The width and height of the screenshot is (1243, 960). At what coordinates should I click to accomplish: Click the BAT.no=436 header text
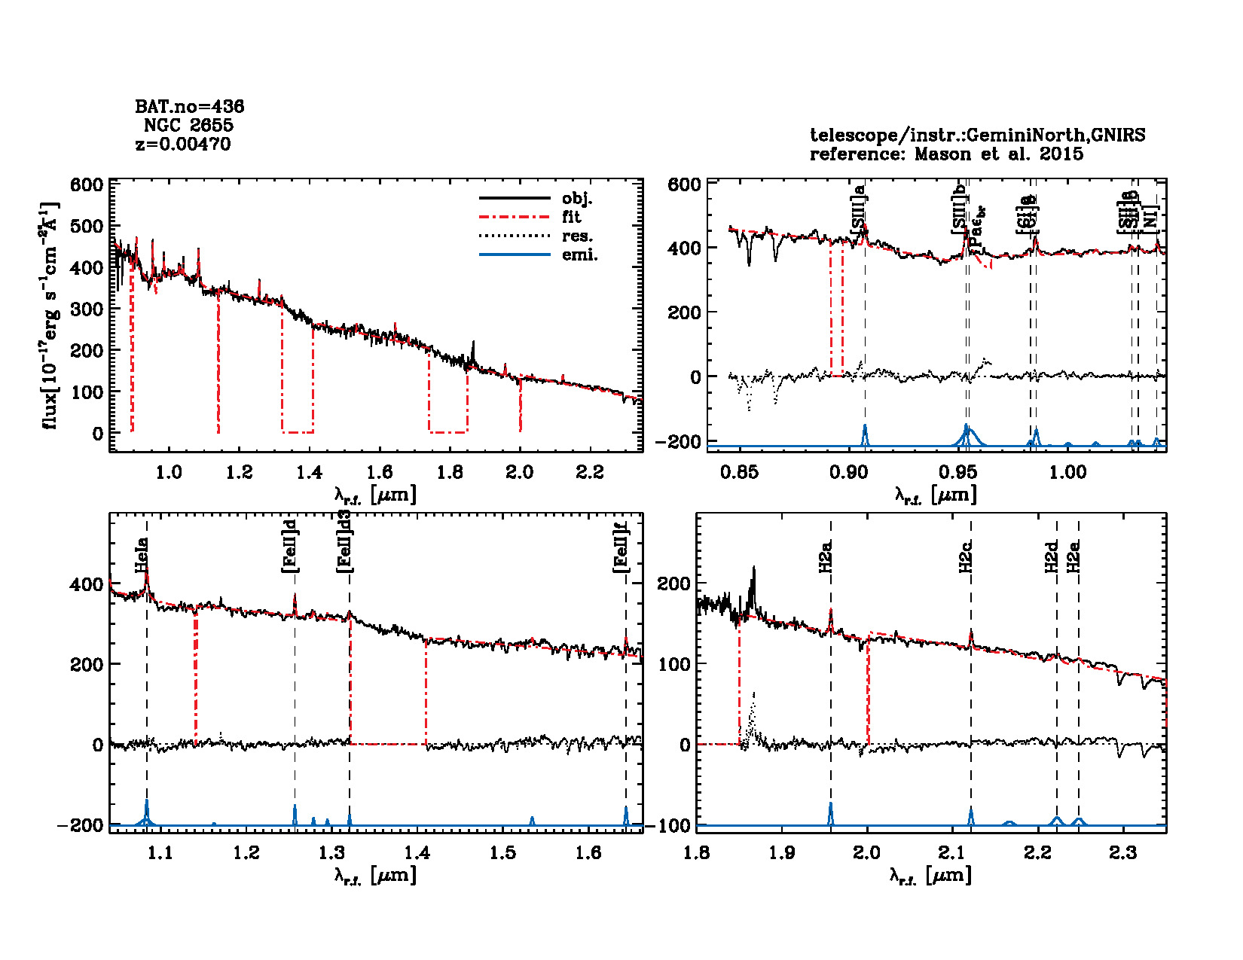point(189,107)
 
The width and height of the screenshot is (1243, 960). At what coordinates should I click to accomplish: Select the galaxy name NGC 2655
point(188,125)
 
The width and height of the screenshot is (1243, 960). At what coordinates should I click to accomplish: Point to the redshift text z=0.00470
point(183,144)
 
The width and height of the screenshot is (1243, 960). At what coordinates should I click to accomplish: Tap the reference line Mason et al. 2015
point(946,154)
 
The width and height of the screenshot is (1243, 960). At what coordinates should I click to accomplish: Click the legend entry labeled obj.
point(577,199)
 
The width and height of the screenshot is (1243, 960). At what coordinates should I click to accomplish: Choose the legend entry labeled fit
point(572,218)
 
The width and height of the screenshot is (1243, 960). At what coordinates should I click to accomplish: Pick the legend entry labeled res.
point(577,236)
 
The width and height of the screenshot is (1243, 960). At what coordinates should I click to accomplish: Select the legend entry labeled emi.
point(579,255)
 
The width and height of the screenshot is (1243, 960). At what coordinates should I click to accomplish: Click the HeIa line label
point(141,555)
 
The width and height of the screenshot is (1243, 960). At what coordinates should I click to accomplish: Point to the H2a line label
point(826,556)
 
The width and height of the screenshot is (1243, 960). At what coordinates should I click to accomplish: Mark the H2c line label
point(966,556)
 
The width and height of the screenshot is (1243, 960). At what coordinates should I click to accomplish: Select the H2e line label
point(1073,556)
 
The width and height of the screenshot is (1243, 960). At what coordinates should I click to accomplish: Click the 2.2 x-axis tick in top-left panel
point(590,472)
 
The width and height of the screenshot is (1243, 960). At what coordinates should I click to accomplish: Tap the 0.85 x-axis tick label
point(739,472)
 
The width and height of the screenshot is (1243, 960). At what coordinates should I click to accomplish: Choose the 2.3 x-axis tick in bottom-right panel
point(1123,852)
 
